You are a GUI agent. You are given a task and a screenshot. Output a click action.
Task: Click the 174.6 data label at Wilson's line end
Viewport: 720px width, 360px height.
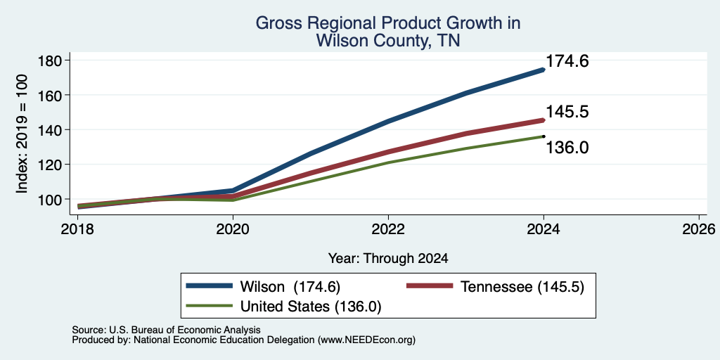567,62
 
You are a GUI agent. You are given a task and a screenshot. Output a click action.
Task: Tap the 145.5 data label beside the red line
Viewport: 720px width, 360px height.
567,112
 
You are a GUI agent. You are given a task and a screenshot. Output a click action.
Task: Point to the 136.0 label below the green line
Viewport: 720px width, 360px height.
567,148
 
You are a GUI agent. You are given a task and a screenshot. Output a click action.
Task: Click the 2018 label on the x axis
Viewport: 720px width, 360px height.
77,229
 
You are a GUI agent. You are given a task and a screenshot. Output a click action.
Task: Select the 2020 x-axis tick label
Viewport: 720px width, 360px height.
233,229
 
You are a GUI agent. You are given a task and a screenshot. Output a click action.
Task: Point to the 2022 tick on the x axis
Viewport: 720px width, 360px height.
388,229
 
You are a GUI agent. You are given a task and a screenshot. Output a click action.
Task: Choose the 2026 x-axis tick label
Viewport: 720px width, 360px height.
699,229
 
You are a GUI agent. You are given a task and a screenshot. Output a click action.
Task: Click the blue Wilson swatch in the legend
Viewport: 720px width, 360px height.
209,286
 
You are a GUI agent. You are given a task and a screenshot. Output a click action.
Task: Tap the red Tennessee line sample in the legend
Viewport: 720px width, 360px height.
430,286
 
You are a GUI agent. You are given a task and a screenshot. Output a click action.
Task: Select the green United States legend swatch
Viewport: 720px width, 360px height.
209,306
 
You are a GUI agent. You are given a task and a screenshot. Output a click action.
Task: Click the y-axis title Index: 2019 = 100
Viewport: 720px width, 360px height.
22,134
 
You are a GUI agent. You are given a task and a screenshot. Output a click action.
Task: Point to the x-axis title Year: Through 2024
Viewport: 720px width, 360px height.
388,259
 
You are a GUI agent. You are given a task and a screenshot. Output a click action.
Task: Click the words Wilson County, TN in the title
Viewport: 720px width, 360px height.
388,41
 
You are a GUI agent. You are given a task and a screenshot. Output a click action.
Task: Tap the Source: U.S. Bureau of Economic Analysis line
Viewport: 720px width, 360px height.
166,330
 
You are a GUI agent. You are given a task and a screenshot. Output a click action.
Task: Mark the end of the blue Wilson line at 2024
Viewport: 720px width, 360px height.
544,70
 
